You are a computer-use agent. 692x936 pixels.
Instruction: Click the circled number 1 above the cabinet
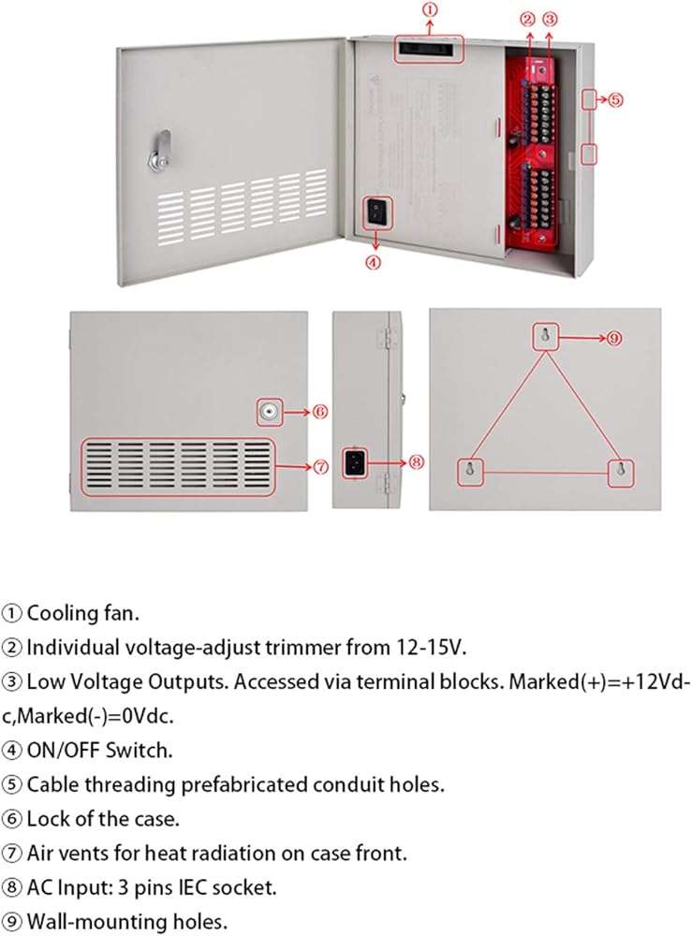[x=428, y=10]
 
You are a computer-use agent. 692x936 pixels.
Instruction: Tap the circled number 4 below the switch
[x=373, y=262]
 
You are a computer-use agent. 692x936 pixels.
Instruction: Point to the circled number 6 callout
[x=319, y=410]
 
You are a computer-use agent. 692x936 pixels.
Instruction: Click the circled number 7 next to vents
[x=319, y=467]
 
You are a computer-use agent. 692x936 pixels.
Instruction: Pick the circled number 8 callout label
[x=417, y=461]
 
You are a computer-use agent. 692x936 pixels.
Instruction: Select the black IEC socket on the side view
[x=357, y=461]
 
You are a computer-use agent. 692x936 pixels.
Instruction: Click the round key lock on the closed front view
[x=270, y=410]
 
